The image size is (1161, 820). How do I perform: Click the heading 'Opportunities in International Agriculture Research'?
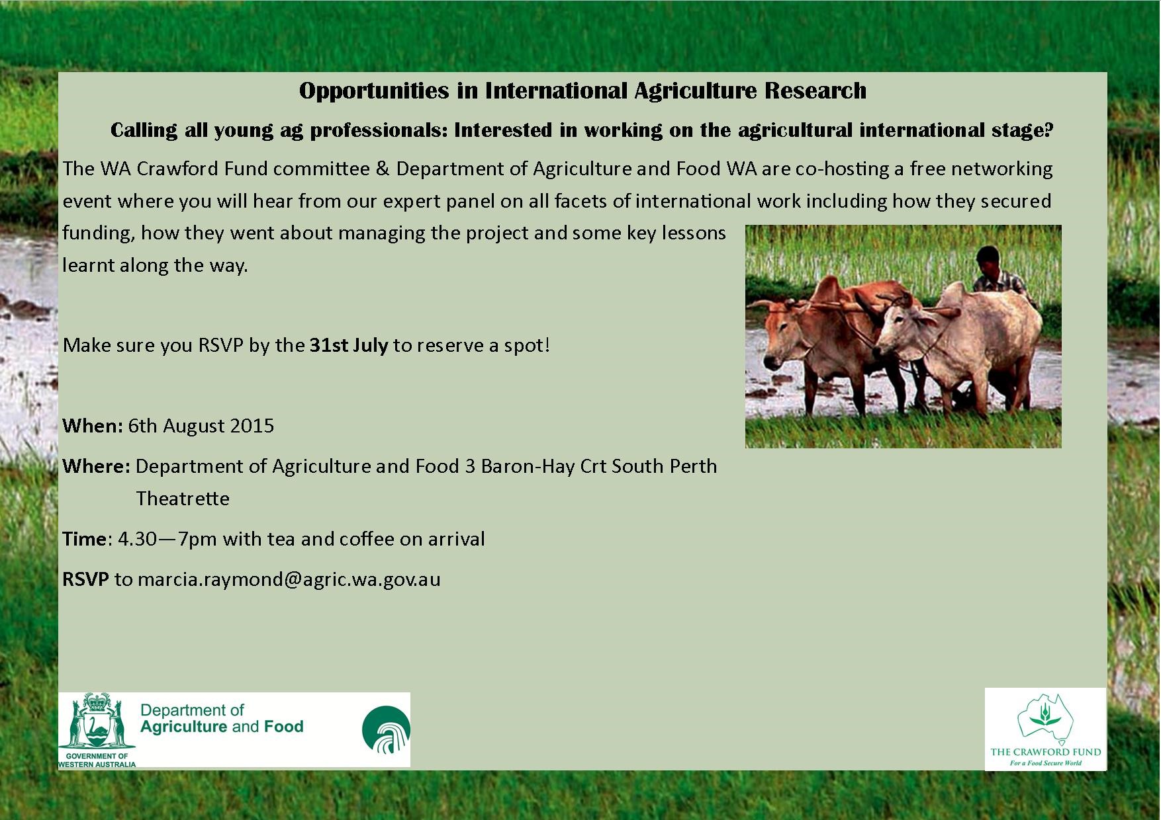pos(582,91)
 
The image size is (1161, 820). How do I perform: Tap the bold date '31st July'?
pos(349,345)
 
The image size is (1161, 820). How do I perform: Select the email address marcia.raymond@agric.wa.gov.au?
pos(289,579)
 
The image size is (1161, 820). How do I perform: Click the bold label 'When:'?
pos(93,425)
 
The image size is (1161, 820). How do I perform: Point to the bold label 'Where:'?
pos(97,466)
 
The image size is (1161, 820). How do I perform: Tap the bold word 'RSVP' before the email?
pos(85,579)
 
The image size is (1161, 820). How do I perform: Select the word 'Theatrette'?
pos(183,499)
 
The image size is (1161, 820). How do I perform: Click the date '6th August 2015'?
pos(201,425)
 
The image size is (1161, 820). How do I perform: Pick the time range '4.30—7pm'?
pos(167,539)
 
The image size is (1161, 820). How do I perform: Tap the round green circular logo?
pos(386,730)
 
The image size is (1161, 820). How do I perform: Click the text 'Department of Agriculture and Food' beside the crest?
pos(222,719)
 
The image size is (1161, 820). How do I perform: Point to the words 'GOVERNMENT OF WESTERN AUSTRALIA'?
pos(97,760)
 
